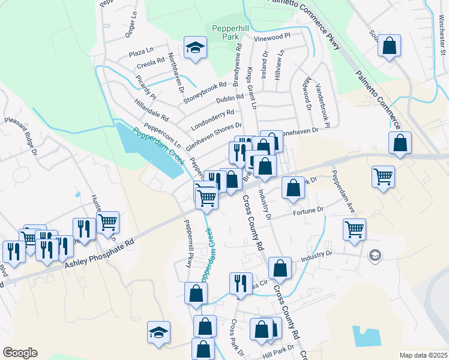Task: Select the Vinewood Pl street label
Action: tap(272, 37)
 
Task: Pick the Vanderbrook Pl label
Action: tap(324, 105)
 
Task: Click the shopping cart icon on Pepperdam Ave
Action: tap(354, 228)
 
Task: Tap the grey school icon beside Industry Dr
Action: tap(375, 255)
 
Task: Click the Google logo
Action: tap(20, 352)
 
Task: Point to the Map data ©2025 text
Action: tap(423, 355)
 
